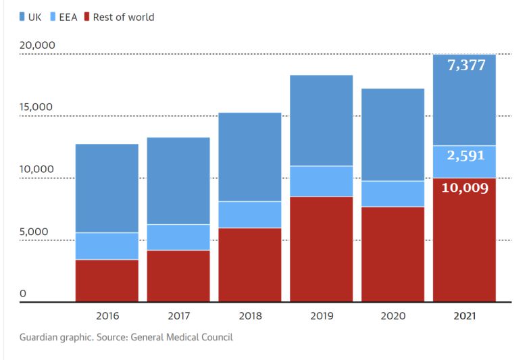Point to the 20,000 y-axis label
[x=37, y=45]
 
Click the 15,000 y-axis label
[x=37, y=107]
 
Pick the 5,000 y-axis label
[x=34, y=232]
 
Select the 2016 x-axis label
[x=107, y=315]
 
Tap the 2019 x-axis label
[x=322, y=315]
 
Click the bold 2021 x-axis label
[x=464, y=315]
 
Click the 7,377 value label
[x=466, y=66]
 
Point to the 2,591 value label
[x=466, y=155]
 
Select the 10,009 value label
[x=464, y=187]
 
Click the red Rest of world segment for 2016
[x=107, y=280]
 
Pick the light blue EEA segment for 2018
[x=250, y=215]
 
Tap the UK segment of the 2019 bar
[x=322, y=120]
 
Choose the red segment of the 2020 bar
[x=393, y=254]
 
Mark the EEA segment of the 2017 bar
[x=178, y=237]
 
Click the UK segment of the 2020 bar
[x=393, y=134]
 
